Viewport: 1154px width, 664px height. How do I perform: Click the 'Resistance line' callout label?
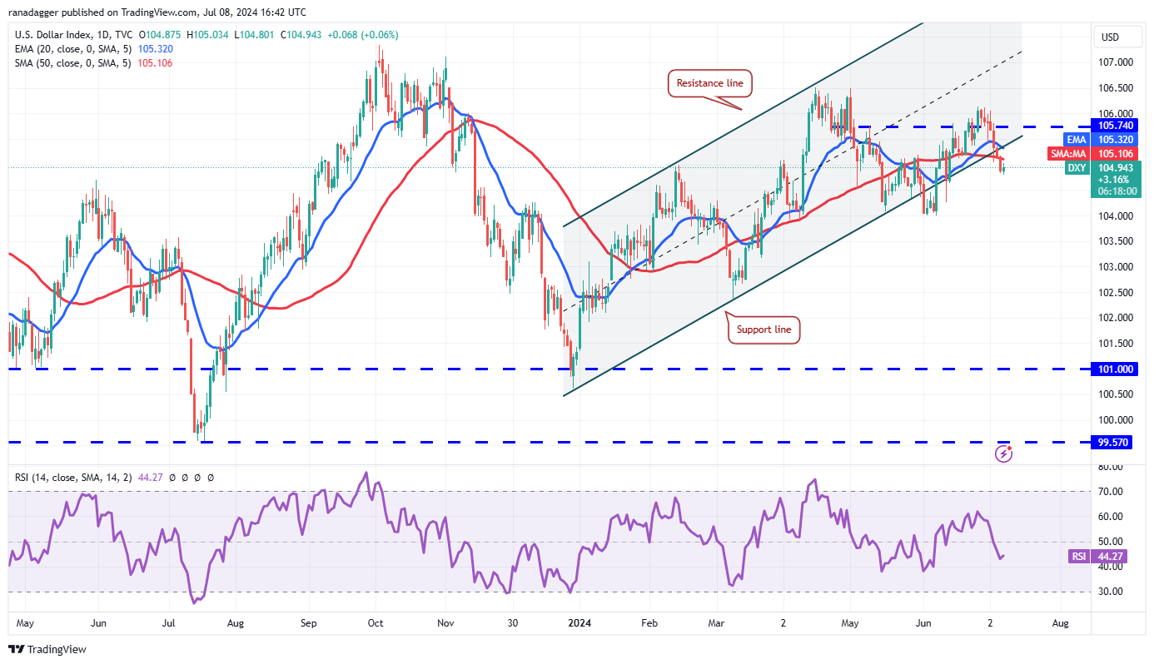pos(709,83)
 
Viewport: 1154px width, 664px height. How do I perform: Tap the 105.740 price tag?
pos(1112,125)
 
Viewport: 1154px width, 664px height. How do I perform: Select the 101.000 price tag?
pos(1112,369)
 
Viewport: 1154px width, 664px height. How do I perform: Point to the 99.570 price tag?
pos(1112,443)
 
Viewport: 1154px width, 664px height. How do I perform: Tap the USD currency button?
pos(1110,37)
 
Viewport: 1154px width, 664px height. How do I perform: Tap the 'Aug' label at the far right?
pos(1060,622)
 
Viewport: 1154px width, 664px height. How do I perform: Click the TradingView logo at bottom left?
pos(47,649)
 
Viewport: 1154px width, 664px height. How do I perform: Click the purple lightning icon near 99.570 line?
pos(1004,453)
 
